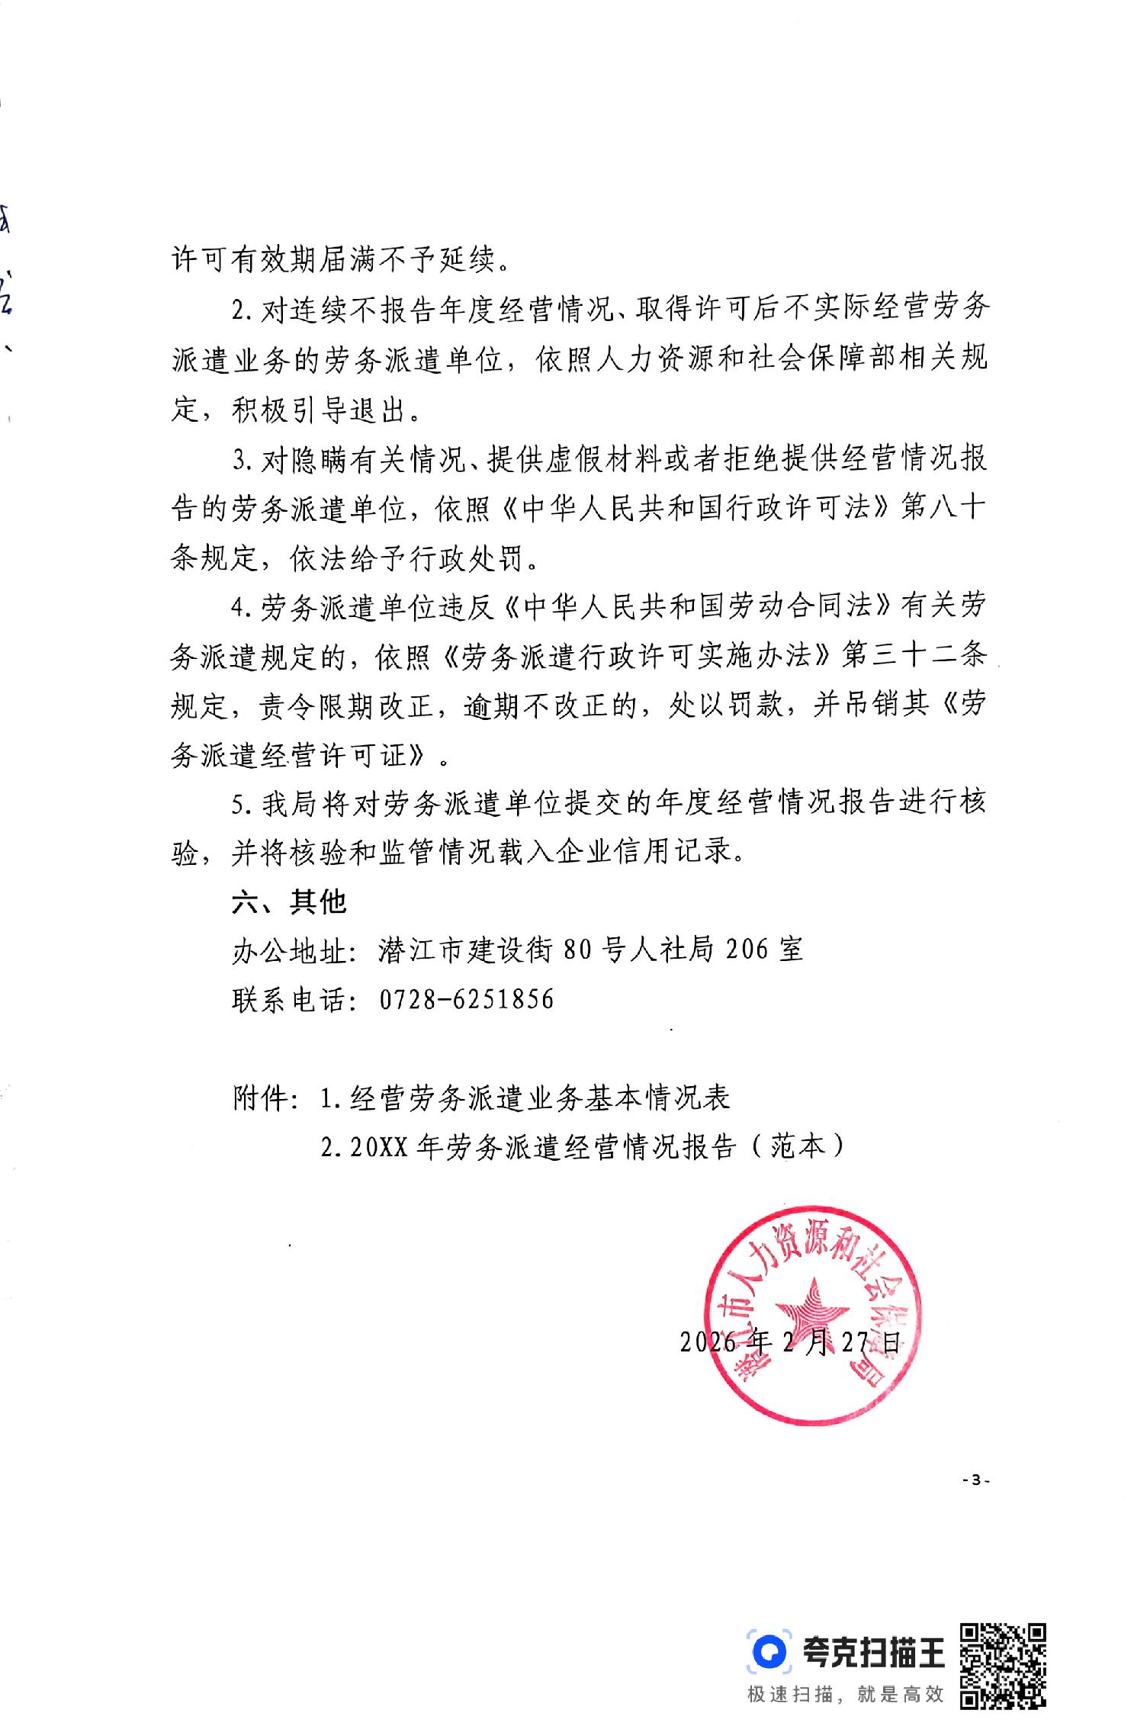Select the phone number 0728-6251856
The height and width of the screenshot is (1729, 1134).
[x=467, y=998]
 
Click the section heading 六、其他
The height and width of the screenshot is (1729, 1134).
[x=289, y=901]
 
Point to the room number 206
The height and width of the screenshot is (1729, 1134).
[x=747, y=950]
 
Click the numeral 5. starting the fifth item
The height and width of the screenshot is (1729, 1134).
[x=241, y=804]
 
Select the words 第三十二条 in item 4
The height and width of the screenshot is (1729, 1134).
[x=914, y=657]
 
